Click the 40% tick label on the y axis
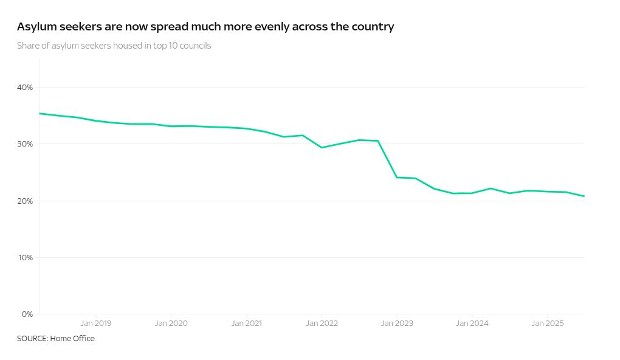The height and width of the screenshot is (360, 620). (x=25, y=88)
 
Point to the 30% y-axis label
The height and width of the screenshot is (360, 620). (x=25, y=144)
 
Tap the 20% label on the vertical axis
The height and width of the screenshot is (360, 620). (x=25, y=201)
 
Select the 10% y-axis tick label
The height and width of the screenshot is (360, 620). (x=25, y=258)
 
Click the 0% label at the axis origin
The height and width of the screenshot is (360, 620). (x=27, y=314)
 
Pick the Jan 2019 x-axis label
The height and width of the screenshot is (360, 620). (x=96, y=324)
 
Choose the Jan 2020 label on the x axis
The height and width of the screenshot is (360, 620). (x=171, y=324)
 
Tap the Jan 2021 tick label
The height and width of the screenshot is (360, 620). (x=246, y=324)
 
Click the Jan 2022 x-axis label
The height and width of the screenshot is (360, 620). (x=322, y=324)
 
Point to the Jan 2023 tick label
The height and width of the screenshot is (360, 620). (x=397, y=324)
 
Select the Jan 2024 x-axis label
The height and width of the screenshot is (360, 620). (x=472, y=324)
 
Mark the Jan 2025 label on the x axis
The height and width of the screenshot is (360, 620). (x=548, y=324)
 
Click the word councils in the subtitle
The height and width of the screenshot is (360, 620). (x=195, y=46)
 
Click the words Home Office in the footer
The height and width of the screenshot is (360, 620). (x=72, y=339)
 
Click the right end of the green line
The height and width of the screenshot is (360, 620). (x=584, y=196)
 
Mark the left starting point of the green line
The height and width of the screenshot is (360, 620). (x=40, y=113)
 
